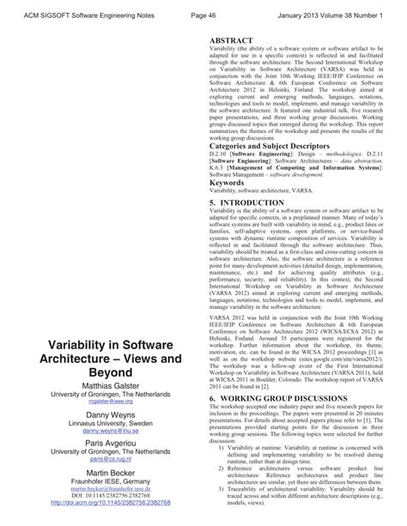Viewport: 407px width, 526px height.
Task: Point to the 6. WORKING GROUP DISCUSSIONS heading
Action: tap(288, 423)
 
